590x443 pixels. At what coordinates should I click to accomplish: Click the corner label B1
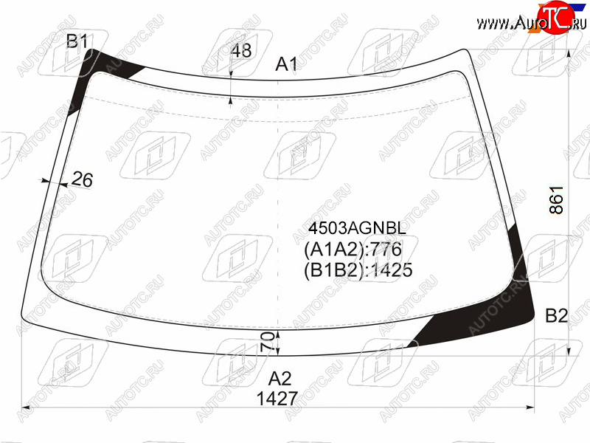pyautogui.click(x=77, y=41)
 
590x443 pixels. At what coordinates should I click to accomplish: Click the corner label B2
pyautogui.click(x=557, y=315)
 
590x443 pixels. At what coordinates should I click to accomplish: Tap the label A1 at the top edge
pyautogui.click(x=286, y=64)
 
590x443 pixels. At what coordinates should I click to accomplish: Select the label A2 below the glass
pyautogui.click(x=280, y=378)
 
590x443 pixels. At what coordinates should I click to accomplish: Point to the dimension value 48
pyautogui.click(x=241, y=50)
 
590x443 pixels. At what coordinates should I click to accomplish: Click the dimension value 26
pyautogui.click(x=82, y=179)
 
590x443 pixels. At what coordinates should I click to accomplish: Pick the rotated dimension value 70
pyautogui.click(x=267, y=342)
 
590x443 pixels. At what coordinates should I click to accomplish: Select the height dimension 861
pyautogui.click(x=557, y=199)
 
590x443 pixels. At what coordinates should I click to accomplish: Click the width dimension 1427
pyautogui.click(x=277, y=399)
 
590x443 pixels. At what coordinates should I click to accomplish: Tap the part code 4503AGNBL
pyautogui.click(x=357, y=228)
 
